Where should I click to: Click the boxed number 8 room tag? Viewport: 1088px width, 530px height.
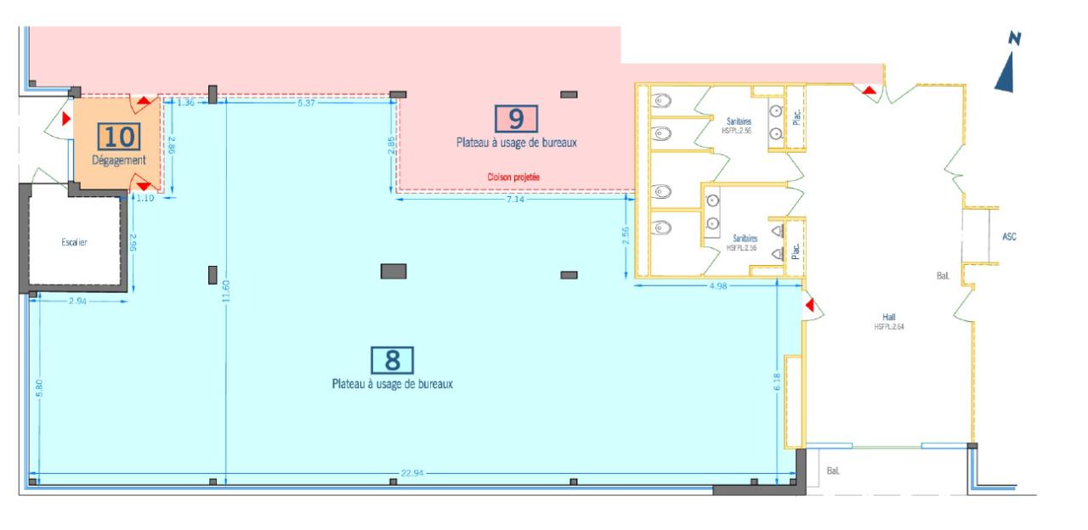[x=392, y=360]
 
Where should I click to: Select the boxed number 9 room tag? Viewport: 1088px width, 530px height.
[x=516, y=119]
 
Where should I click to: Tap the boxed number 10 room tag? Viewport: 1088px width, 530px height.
[x=119, y=137]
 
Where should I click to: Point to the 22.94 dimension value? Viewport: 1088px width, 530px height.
[x=412, y=472]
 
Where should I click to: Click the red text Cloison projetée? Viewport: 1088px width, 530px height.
[x=513, y=177]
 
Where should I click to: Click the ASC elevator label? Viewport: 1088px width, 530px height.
[x=1009, y=237]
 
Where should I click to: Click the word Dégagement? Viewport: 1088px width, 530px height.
[x=119, y=160]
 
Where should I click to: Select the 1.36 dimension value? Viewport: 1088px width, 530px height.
[x=185, y=103]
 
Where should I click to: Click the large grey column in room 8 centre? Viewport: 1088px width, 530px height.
[x=393, y=271]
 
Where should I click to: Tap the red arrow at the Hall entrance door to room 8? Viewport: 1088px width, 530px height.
[x=810, y=304]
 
